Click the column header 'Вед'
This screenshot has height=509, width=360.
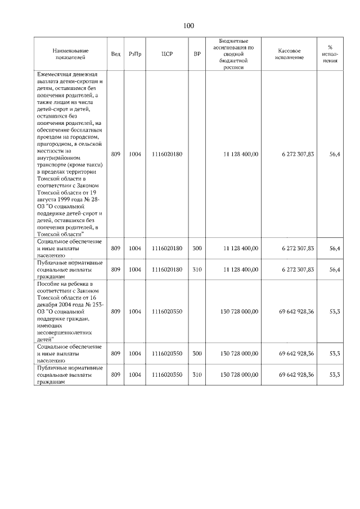(x=115, y=54)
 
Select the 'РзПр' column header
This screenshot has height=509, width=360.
(x=135, y=54)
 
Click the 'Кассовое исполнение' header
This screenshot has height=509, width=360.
(x=290, y=54)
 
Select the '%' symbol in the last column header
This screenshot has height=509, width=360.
(x=330, y=47)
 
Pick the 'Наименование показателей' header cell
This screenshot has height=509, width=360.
(x=70, y=54)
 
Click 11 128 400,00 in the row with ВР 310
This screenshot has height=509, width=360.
(x=241, y=269)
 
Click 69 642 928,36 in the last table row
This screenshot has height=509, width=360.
(x=296, y=375)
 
